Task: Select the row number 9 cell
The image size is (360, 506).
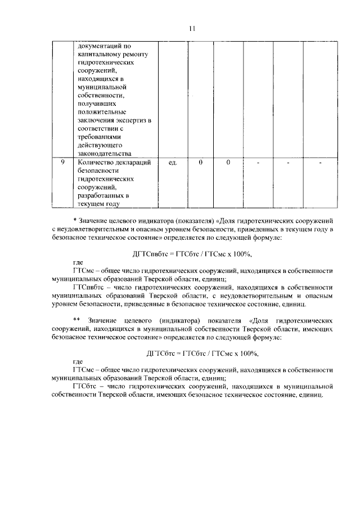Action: point(63,163)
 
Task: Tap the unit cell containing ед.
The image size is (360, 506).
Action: point(173,163)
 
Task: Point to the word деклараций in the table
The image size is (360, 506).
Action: point(134,163)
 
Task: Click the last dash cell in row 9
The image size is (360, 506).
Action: point(320,163)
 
